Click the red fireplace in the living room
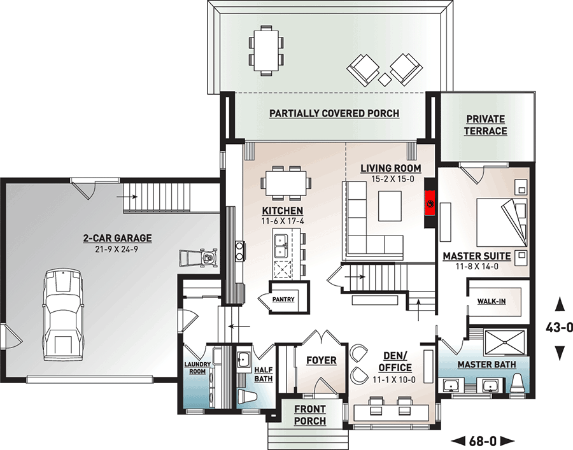pyautogui.click(x=430, y=205)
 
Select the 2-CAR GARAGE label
pyautogui.click(x=117, y=238)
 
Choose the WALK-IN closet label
pyautogui.click(x=493, y=301)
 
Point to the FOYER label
pyautogui.click(x=322, y=360)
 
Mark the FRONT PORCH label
pyautogui.click(x=310, y=415)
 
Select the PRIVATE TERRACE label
pyautogui.click(x=485, y=125)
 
